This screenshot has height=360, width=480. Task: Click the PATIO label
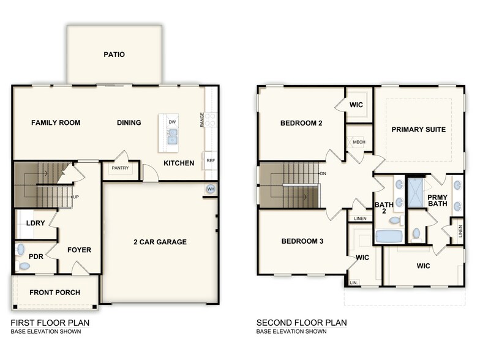[x=114, y=54]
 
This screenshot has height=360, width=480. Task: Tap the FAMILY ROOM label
[x=56, y=122]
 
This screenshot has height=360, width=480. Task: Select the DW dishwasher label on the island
[x=172, y=122]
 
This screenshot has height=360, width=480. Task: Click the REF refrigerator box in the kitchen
[x=210, y=160]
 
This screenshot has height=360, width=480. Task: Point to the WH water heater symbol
[x=211, y=189]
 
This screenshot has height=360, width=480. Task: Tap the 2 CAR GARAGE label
[x=160, y=242]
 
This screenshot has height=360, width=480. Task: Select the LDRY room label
[x=36, y=223]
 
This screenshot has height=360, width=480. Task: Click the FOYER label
[x=79, y=250]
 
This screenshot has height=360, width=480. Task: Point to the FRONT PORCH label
[x=54, y=292]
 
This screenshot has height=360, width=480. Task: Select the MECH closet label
[x=359, y=142]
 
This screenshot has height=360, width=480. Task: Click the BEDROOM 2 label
[x=301, y=123]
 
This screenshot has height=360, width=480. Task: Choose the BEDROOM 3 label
[x=302, y=241]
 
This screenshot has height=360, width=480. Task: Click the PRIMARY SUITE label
[x=418, y=129]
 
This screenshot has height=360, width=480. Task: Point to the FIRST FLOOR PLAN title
[x=50, y=323]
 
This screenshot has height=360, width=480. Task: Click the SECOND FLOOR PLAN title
[x=301, y=323]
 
